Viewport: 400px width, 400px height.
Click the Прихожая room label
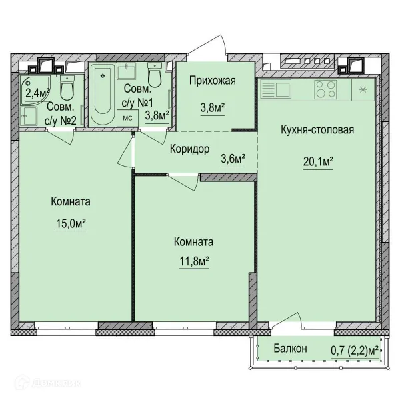pyautogui.click(x=213, y=81)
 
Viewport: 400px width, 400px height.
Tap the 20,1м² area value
pyautogui.click(x=318, y=161)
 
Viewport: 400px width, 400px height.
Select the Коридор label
pyautogui.click(x=189, y=149)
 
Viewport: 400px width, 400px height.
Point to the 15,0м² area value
pyautogui.click(x=71, y=223)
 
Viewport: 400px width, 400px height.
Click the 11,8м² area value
pyautogui.click(x=194, y=261)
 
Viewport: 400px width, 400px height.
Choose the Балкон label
pyautogui.click(x=290, y=348)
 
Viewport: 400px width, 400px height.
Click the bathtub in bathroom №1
pyautogui.click(x=103, y=95)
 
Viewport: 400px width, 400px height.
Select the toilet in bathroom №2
pyautogui.click(x=67, y=88)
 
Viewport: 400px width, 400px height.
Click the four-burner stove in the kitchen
pyautogui.click(x=325, y=89)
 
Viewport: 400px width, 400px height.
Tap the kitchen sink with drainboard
pyautogui.click(x=275, y=89)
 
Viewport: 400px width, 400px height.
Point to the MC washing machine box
pyautogui.click(x=127, y=118)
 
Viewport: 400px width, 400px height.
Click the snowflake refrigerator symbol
pyautogui.click(x=363, y=89)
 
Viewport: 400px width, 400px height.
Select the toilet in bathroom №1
pyautogui.click(x=155, y=75)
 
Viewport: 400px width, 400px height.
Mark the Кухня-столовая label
pyautogui.click(x=317, y=129)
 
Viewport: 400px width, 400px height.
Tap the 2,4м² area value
pyautogui.click(x=37, y=93)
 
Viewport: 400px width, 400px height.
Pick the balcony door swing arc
pyautogui.click(x=287, y=319)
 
